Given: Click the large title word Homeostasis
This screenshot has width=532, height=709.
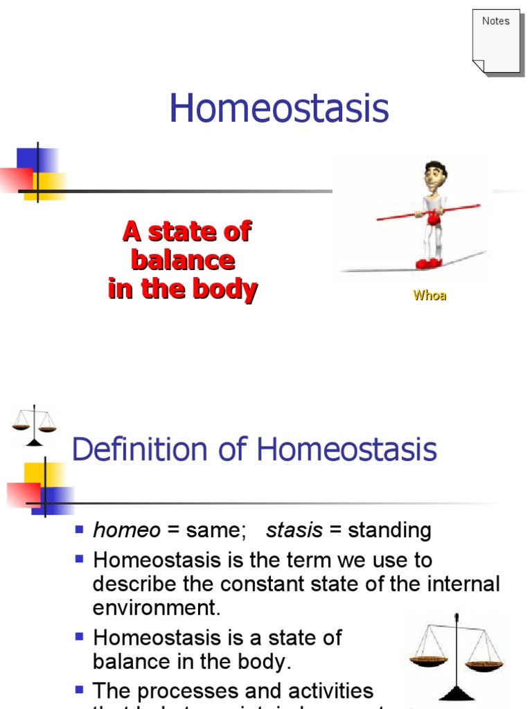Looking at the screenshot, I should [x=279, y=109].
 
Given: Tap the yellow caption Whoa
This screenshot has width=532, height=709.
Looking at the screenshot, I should [x=429, y=296].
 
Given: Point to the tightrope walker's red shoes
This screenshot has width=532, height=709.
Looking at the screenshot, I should [x=429, y=263].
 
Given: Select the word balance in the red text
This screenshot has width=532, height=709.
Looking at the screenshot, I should [x=183, y=260].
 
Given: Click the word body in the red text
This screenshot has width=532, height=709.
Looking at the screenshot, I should [x=224, y=289].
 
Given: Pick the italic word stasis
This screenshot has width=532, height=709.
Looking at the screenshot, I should [x=294, y=531].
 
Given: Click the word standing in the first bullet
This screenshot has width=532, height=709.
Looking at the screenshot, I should [x=389, y=531].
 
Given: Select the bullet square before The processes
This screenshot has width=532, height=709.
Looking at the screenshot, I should [x=79, y=690].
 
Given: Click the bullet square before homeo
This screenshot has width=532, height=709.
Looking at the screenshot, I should [x=79, y=530].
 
